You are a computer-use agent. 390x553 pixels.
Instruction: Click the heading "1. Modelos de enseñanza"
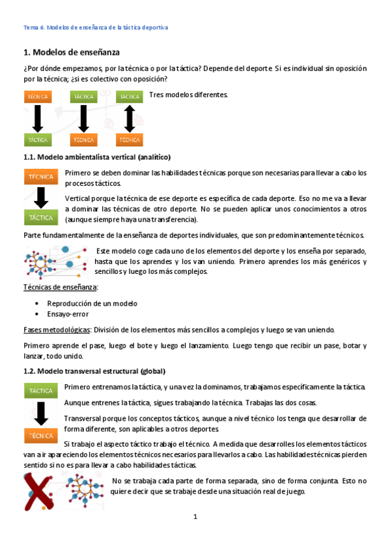tap(72, 52)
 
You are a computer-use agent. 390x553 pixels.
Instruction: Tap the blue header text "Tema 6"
tap(33, 27)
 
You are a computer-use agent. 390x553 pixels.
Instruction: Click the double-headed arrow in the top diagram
tap(129, 118)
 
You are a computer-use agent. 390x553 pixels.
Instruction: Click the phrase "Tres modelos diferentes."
tap(189, 95)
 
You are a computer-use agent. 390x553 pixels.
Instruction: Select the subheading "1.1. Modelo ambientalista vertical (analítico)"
tap(97, 157)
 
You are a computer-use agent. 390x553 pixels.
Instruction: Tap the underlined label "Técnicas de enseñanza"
tap(61, 287)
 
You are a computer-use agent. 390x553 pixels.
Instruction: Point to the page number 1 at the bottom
tap(195, 517)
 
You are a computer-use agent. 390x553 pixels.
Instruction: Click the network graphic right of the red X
tap(84, 490)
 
